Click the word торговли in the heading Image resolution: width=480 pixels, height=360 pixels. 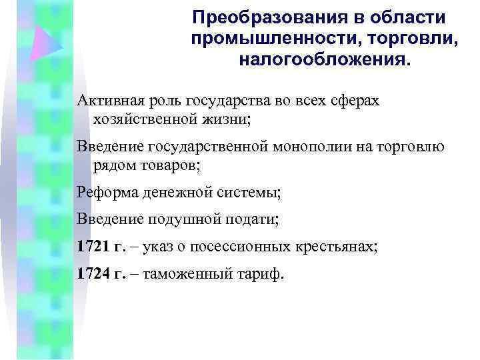pos(415,38)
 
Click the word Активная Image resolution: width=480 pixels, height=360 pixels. pos(109,101)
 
